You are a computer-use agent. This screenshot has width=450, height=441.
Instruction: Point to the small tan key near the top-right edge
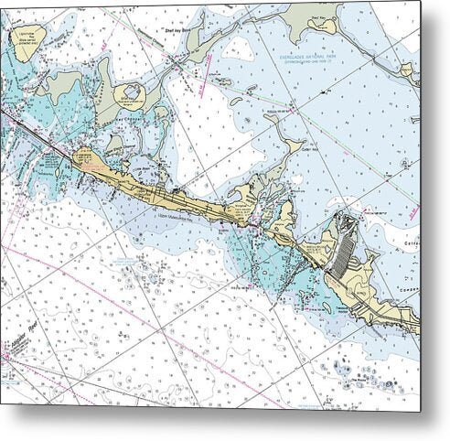(409, 70)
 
